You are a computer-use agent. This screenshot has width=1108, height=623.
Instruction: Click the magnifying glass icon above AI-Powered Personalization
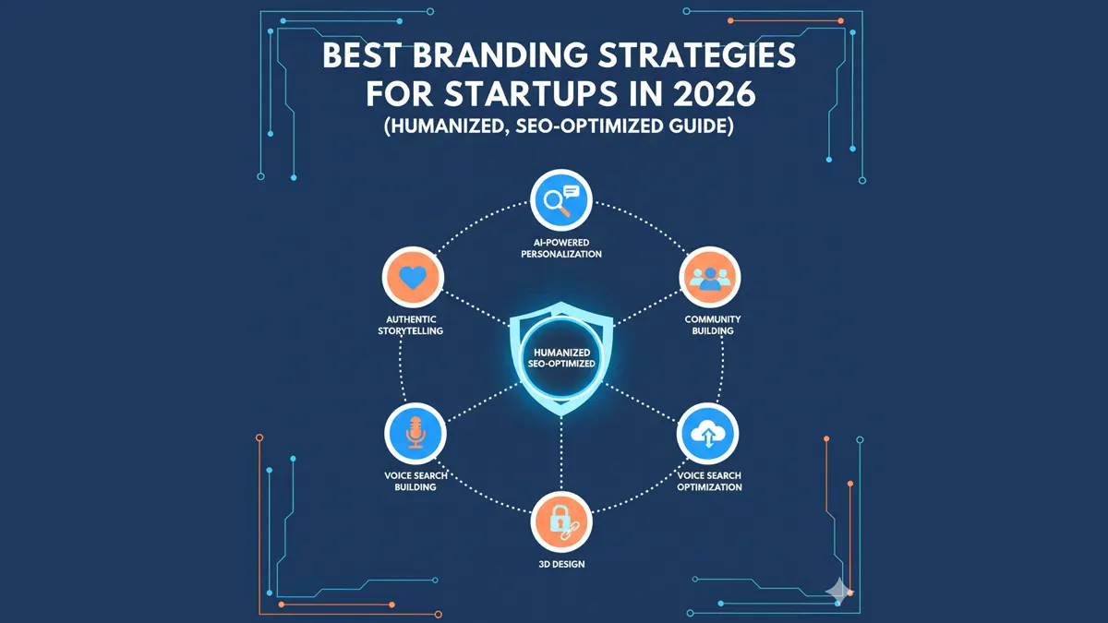coord(560,200)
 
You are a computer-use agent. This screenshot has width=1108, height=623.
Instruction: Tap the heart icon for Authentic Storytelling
coord(413,276)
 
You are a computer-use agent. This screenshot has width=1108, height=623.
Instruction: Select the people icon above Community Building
coord(710,276)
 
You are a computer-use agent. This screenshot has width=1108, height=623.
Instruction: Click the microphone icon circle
coord(415,433)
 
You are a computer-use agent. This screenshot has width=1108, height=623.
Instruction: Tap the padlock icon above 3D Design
coord(561,521)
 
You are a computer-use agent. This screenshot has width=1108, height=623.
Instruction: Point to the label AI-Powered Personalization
coord(561,248)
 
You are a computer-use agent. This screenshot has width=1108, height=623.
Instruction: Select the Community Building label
coord(712,325)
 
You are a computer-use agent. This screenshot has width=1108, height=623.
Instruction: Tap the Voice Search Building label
coord(415,481)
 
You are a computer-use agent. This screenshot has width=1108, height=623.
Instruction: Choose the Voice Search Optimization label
coord(709,481)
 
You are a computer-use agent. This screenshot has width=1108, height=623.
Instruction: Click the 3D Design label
coord(560,563)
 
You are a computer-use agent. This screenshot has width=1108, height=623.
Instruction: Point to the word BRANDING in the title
coord(488,54)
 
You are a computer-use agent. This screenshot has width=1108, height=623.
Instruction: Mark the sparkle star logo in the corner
coord(838,592)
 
